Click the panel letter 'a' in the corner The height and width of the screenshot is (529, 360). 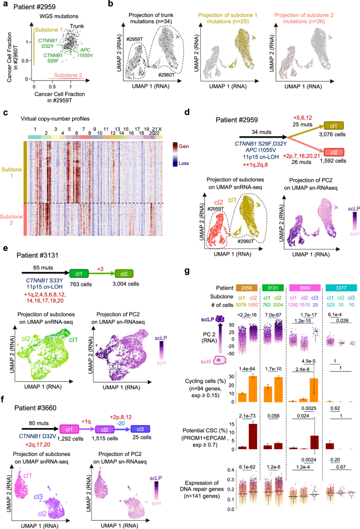coord(4,5)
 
